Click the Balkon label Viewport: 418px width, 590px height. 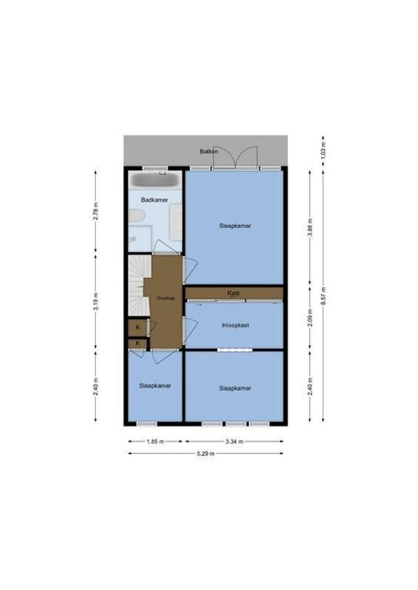pyautogui.click(x=208, y=152)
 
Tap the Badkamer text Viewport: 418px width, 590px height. pyautogui.click(x=154, y=200)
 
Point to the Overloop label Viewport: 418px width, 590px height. pyautogui.click(x=166, y=298)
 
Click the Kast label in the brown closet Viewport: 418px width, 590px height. pyautogui.click(x=234, y=294)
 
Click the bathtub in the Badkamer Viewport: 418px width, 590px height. pyautogui.click(x=154, y=180)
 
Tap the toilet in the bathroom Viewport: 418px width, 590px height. pyautogui.click(x=136, y=215)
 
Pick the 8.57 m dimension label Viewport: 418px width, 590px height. pyautogui.click(x=323, y=295)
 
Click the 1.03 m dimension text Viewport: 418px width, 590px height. pyautogui.click(x=323, y=150)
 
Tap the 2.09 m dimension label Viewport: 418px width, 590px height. pyautogui.click(x=310, y=318)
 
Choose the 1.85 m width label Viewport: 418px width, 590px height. pyautogui.click(x=155, y=442)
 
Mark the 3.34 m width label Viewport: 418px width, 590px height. pyautogui.click(x=234, y=442)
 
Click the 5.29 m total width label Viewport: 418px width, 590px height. pyautogui.click(x=206, y=454)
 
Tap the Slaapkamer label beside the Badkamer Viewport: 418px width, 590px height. pyautogui.click(x=234, y=226)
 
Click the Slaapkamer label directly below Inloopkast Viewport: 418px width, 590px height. pyautogui.click(x=234, y=388)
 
